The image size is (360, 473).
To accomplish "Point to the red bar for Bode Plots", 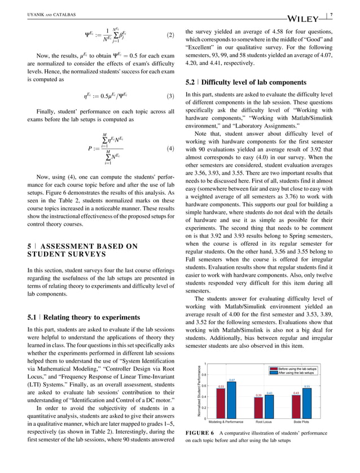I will (296, 406).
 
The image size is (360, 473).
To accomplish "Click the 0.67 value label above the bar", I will (232, 381).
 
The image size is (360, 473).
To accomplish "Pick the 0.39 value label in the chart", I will (258, 395).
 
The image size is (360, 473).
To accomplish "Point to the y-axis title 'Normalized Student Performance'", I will (199, 391).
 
